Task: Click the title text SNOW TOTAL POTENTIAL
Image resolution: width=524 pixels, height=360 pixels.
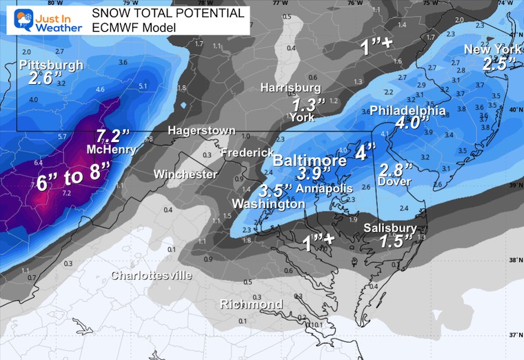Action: [168, 13]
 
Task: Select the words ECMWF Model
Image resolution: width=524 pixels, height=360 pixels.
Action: [134, 28]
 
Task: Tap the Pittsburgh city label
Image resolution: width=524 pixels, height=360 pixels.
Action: [51, 65]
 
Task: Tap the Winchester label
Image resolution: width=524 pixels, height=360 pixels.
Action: [185, 174]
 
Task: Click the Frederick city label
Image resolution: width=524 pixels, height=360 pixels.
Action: [243, 152]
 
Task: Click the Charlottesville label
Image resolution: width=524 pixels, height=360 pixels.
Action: [152, 275]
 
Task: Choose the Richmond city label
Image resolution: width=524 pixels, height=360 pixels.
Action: [251, 304]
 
